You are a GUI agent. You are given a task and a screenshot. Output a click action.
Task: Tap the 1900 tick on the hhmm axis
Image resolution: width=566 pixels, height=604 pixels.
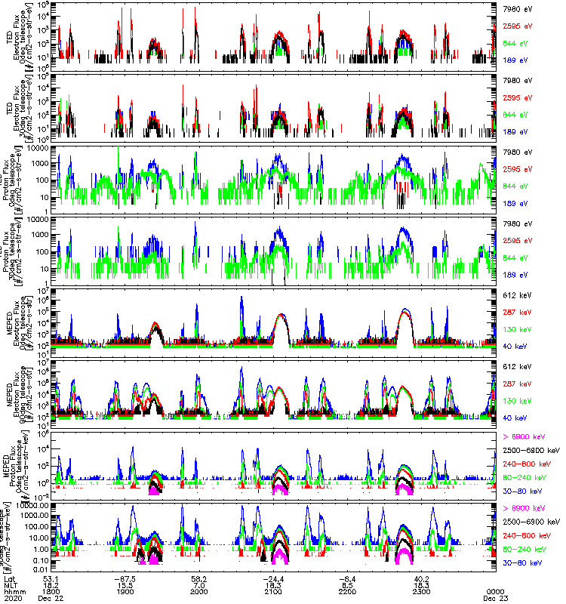125,592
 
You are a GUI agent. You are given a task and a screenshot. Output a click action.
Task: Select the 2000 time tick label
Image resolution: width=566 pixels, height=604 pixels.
200,592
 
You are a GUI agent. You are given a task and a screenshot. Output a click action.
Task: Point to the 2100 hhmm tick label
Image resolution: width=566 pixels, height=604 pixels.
273,592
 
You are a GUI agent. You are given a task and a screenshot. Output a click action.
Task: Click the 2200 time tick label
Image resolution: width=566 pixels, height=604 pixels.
347,592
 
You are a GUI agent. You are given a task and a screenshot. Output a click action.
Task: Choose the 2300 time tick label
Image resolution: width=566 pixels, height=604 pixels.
421,592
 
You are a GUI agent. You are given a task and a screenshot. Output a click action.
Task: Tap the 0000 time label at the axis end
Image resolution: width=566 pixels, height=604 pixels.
495,592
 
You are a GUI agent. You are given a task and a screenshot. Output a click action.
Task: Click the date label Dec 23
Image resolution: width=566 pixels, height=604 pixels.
495,599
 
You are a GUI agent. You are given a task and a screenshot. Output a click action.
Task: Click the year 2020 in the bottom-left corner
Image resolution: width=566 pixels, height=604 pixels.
12,599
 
